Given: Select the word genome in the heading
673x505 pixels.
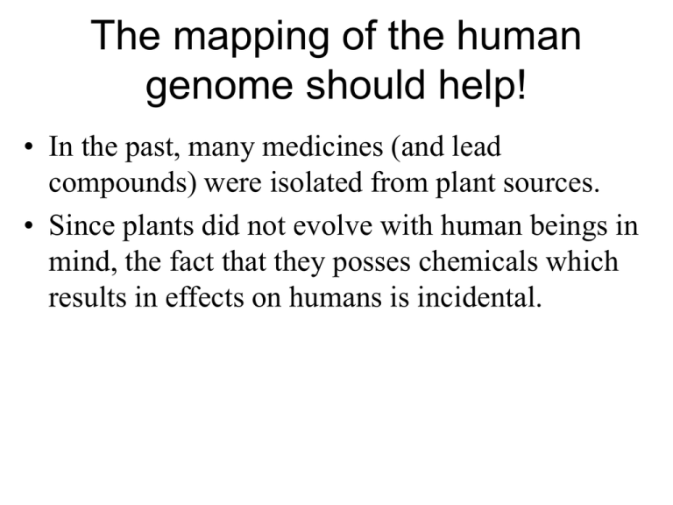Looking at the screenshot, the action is pos(219,87).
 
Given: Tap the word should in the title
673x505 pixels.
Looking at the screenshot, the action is pos(365,84).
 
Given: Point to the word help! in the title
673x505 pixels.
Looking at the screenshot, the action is pos(482,84).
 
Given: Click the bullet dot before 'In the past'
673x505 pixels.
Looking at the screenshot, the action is pos(29,146).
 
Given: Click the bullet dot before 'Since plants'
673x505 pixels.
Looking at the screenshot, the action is pos(29,225).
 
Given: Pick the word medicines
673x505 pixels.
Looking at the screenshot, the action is pos(322,146).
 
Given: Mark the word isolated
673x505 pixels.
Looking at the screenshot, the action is pos(316,182).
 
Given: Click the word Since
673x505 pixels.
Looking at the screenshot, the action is pos(82,225).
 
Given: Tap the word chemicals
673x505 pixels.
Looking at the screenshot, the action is pos(478,261).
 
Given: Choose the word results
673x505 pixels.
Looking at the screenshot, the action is pos(88,297).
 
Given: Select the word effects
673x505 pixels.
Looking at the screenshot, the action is pos(205,297).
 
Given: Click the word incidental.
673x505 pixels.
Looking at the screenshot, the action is pos(479,297).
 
